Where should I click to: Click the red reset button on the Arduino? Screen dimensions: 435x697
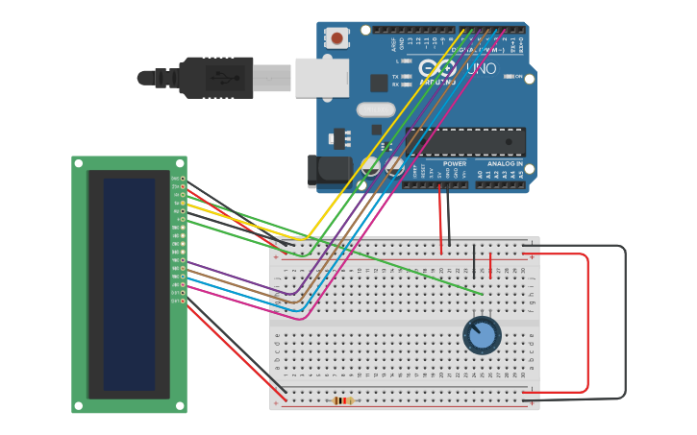click(x=336, y=38)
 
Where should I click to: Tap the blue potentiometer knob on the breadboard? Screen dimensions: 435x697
click(x=482, y=335)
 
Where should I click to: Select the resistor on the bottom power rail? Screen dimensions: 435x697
click(x=342, y=400)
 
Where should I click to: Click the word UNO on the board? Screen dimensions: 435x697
click(x=481, y=69)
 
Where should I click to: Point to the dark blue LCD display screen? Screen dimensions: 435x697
click(x=129, y=284)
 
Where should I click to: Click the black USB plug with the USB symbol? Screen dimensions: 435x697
click(x=217, y=77)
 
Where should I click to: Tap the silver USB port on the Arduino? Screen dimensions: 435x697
click(x=321, y=78)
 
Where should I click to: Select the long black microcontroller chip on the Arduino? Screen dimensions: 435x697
click(x=465, y=142)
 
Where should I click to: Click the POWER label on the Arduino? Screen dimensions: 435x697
click(x=455, y=164)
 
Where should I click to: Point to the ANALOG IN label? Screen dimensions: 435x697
click(x=505, y=164)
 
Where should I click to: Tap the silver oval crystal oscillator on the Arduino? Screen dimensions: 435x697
click(x=376, y=109)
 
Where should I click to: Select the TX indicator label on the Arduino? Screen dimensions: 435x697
click(x=394, y=76)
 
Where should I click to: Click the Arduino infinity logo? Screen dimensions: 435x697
click(x=438, y=68)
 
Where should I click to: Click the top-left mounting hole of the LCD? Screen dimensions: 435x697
click(x=79, y=163)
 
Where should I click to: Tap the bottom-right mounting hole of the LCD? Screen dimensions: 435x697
click(x=180, y=406)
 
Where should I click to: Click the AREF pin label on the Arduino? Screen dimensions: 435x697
click(x=393, y=44)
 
